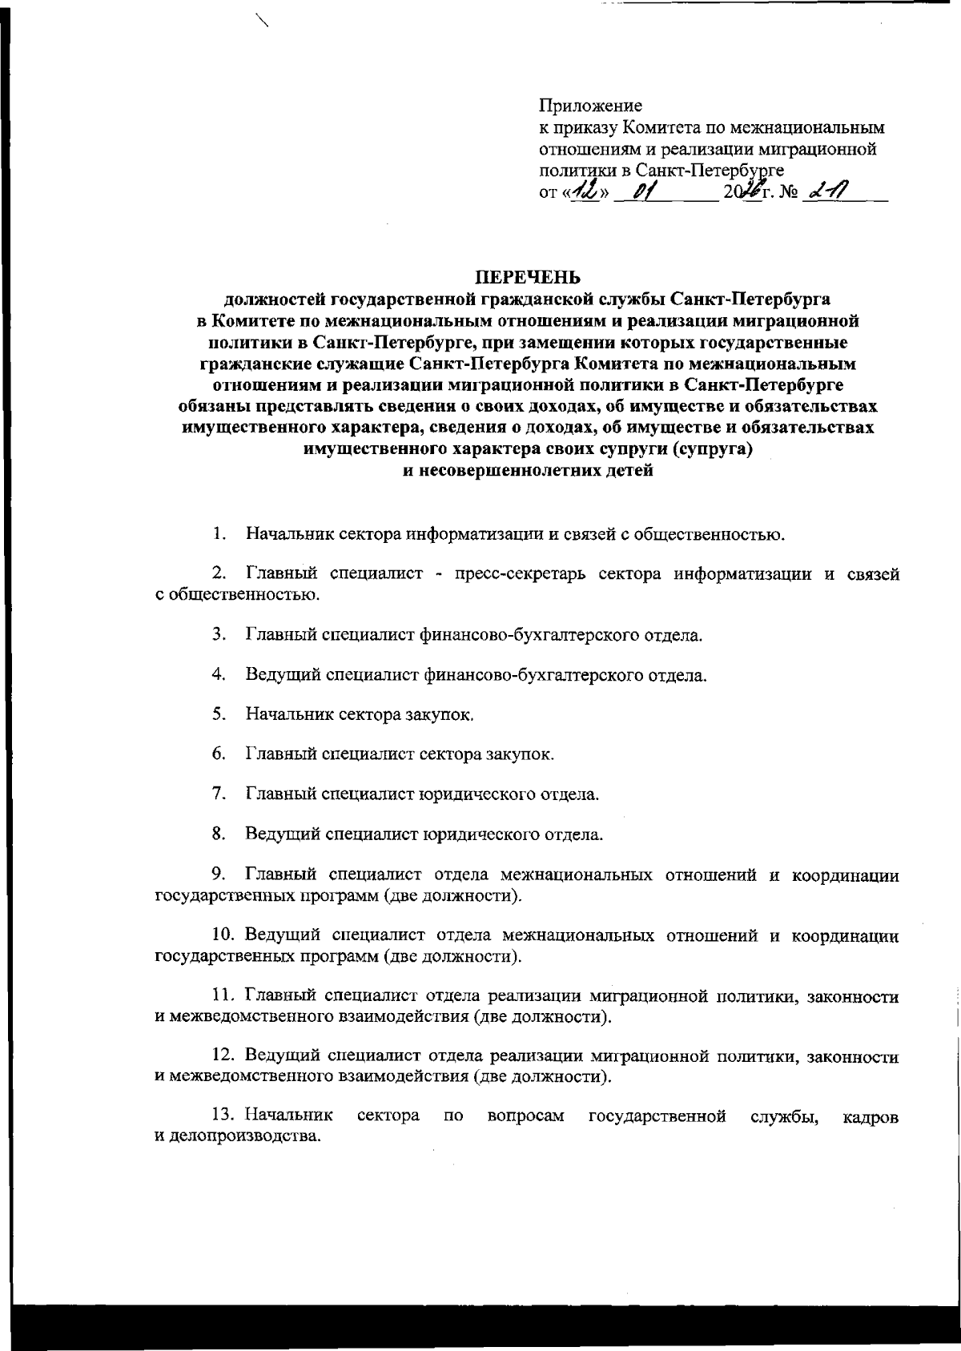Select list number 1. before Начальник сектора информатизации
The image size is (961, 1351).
219,534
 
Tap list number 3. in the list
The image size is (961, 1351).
219,635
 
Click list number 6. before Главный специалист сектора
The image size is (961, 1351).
219,754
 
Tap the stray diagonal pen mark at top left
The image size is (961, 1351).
259,20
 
